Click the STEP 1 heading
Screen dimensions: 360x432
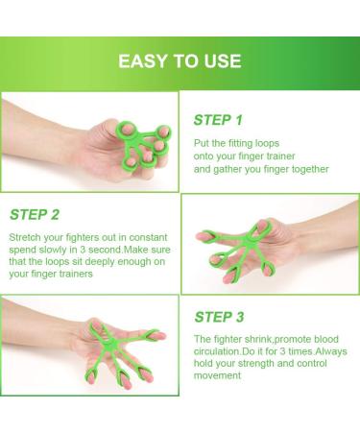pyautogui.click(x=218, y=120)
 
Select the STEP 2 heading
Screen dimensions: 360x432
pyautogui.click(x=35, y=215)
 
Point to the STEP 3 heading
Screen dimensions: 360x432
pyautogui.click(x=219, y=317)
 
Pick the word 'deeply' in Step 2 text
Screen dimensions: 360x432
pyautogui.click(x=100, y=262)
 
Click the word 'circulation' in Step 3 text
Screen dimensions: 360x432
pyautogui.click(x=217, y=351)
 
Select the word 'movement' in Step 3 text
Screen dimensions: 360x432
pyautogui.click(x=217, y=375)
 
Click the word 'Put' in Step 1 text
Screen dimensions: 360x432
pyautogui.click(x=200, y=143)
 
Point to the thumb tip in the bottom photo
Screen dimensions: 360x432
pyautogui.click(x=160, y=336)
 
